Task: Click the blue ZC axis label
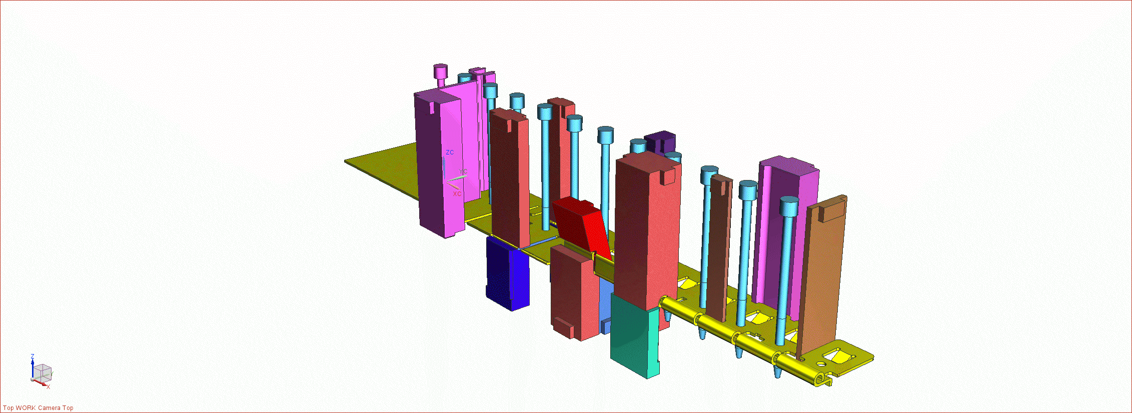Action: coord(450,152)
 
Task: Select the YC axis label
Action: coord(463,171)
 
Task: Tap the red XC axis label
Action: coord(457,193)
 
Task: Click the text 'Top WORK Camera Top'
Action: coord(39,408)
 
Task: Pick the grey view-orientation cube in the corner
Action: coord(43,372)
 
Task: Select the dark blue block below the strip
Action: coord(507,274)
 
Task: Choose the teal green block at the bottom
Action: coord(634,336)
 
